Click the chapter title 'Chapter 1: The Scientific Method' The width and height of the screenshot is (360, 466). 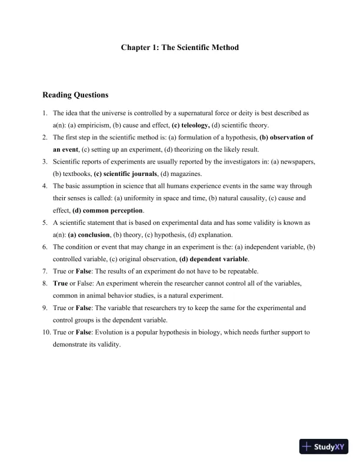click(x=180, y=47)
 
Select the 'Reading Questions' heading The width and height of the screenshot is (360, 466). click(x=75, y=95)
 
